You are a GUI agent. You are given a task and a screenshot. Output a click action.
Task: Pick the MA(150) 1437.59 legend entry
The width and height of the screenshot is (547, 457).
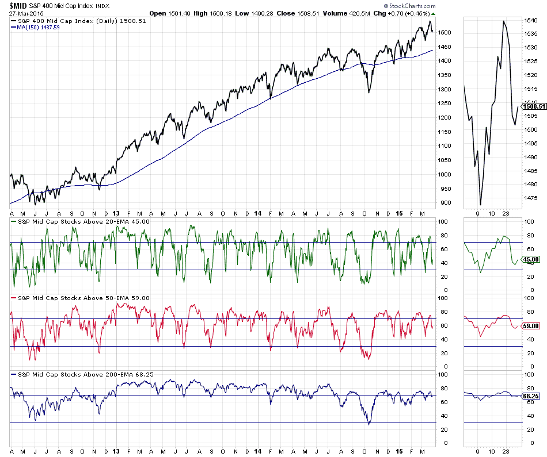point(39,27)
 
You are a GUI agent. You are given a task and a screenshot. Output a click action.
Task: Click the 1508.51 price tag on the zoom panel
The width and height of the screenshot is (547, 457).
point(533,106)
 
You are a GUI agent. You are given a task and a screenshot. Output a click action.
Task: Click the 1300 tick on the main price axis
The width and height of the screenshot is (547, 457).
point(445,89)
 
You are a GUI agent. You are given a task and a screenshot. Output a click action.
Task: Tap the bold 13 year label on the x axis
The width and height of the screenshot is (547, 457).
point(116,213)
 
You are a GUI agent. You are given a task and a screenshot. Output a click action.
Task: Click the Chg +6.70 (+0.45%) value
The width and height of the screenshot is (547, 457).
point(409,13)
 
